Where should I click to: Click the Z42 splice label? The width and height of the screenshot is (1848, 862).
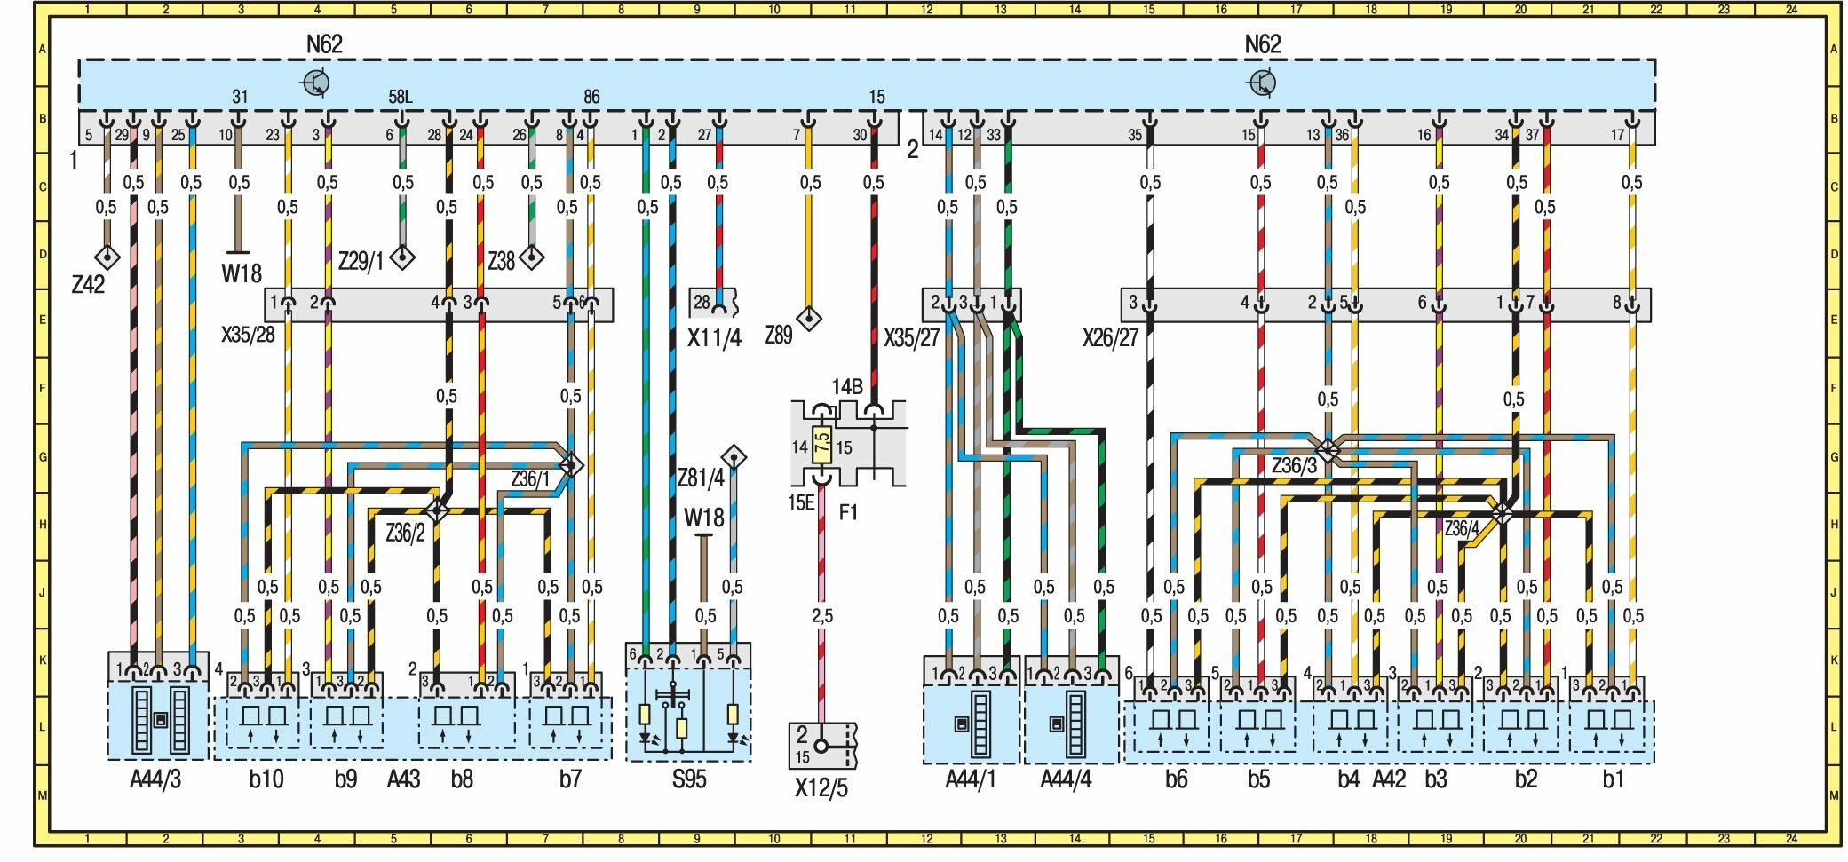[x=88, y=284]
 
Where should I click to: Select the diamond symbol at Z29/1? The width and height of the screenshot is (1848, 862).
[x=403, y=257]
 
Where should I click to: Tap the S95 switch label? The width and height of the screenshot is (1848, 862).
[x=688, y=779]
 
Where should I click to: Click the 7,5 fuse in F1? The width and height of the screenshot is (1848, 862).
[x=821, y=441]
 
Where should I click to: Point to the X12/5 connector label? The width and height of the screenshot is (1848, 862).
[x=821, y=787]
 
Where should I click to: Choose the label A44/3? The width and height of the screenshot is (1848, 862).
[x=156, y=779]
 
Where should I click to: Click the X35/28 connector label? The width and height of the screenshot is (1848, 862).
[x=247, y=336]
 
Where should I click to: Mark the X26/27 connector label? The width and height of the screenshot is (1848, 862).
[x=1110, y=337]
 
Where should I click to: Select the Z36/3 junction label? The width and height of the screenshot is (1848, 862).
[x=1293, y=465]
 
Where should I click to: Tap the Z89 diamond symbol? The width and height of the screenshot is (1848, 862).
[x=808, y=317]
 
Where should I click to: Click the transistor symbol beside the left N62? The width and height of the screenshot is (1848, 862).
[x=316, y=83]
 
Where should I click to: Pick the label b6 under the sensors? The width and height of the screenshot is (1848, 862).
[x=1176, y=779]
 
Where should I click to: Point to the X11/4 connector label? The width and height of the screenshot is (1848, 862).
[x=714, y=337]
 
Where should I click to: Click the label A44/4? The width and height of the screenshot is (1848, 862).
[x=1066, y=779]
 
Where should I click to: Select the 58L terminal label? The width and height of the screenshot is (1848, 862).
[x=401, y=97]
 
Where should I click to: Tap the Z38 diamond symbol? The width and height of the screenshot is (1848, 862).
[x=532, y=257]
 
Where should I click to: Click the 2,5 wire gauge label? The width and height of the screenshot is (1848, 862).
[x=821, y=615]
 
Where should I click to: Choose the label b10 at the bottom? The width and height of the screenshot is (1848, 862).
[x=266, y=779]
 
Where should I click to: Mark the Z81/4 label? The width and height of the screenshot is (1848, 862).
[x=701, y=478]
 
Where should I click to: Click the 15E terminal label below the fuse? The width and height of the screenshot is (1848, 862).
[x=800, y=502]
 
